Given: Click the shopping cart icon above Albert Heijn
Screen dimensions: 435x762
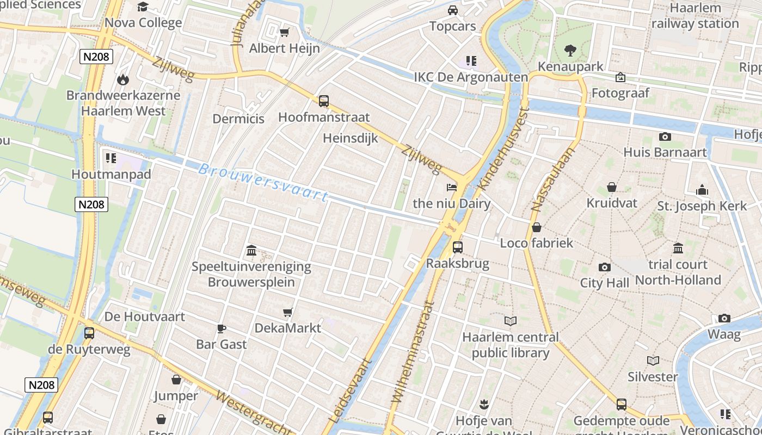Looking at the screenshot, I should click(x=284, y=33).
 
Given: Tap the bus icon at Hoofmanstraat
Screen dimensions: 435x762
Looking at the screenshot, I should click(x=324, y=101).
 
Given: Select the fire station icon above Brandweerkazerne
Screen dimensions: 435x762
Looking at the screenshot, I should click(x=123, y=79).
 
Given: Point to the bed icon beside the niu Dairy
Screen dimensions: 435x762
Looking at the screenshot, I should click(x=452, y=188).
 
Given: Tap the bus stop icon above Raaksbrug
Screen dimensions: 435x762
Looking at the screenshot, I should click(x=458, y=247).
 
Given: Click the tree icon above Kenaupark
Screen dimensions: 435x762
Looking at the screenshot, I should click(x=570, y=51).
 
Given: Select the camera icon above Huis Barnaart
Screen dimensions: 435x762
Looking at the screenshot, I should click(x=665, y=136).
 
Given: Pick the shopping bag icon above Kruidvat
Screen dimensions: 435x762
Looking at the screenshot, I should click(x=612, y=187).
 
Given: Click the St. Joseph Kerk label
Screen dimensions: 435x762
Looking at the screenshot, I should click(x=702, y=206).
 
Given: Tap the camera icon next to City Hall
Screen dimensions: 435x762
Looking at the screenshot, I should click(x=604, y=267).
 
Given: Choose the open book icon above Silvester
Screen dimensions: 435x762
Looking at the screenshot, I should click(x=653, y=361).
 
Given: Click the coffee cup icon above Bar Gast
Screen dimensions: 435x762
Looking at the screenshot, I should click(x=221, y=328).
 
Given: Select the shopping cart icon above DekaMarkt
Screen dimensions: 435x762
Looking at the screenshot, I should click(x=288, y=312).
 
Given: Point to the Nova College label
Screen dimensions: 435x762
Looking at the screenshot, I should click(x=143, y=23).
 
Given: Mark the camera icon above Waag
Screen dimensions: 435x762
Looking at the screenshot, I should click(x=724, y=318).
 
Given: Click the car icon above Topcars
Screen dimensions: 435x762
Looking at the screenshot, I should click(x=452, y=10).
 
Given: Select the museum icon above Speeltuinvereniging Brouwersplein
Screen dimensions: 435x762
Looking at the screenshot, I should click(x=251, y=250).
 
